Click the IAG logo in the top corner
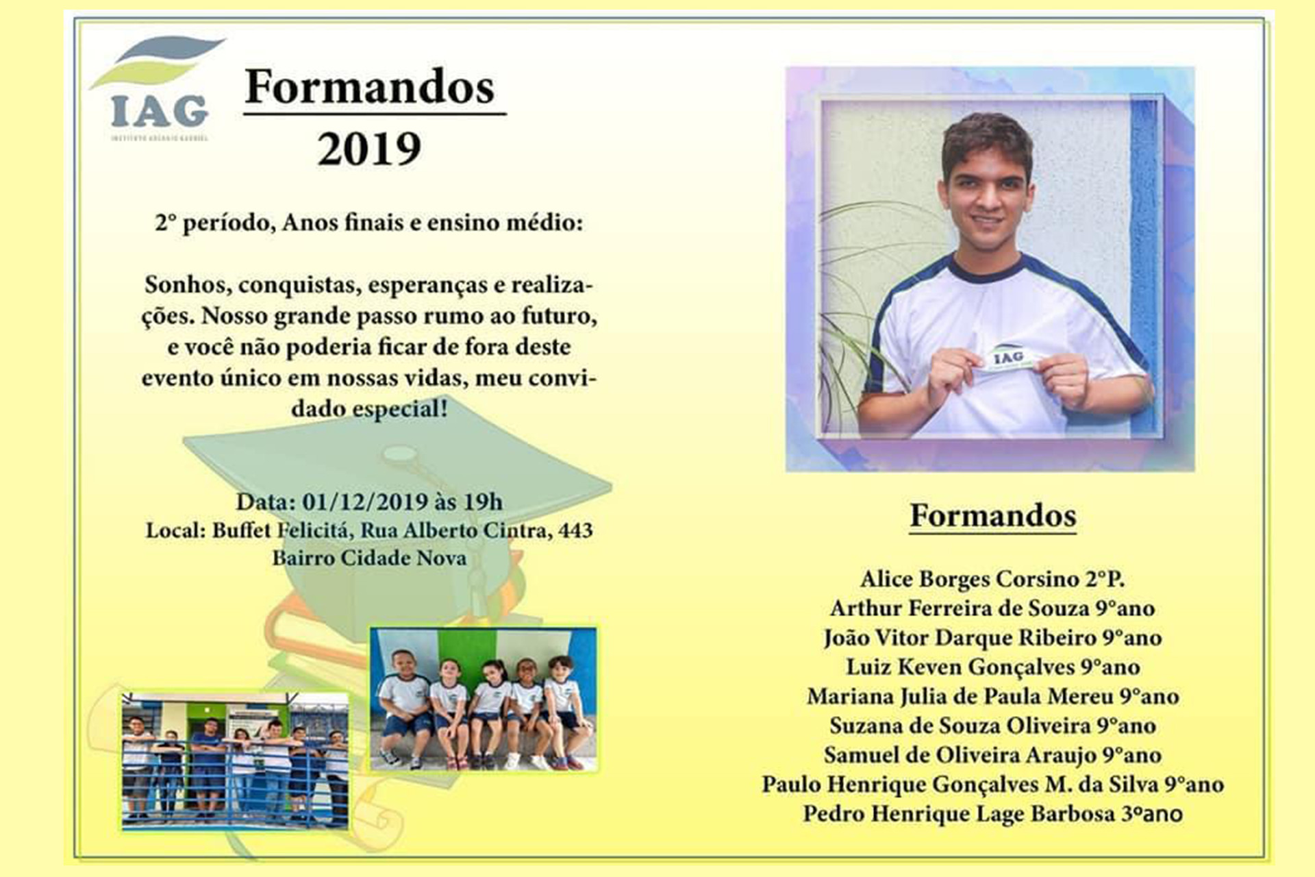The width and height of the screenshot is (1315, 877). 158,88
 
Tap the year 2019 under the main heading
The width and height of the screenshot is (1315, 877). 369,149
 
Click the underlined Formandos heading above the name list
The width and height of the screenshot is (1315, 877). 992,516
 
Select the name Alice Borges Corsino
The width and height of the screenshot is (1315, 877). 968,579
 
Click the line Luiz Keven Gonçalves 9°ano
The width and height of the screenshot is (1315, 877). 993,667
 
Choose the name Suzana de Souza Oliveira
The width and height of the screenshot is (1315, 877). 960,726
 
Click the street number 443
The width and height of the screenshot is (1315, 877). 575,530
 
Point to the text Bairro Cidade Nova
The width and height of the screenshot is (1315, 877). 369,558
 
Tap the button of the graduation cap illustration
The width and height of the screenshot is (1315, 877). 399,454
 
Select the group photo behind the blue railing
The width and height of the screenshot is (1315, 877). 235,760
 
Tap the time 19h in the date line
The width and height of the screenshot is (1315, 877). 483,502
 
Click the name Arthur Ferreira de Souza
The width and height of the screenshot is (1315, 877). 960,608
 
